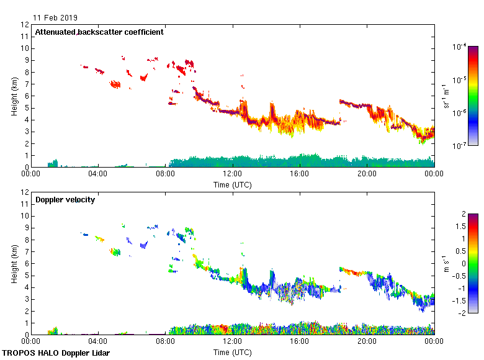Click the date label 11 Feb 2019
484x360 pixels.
coord(56,17)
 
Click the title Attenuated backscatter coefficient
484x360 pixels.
coord(99,32)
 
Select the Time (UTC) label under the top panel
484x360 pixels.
coord(233,185)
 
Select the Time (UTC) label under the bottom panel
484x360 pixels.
coord(233,353)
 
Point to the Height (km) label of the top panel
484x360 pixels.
coord(14,96)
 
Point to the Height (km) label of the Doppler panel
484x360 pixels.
coord(14,264)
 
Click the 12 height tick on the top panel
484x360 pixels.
coord(25,25)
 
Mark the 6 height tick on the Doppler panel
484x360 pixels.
coord(27,264)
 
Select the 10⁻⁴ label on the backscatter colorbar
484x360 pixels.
coord(460,47)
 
